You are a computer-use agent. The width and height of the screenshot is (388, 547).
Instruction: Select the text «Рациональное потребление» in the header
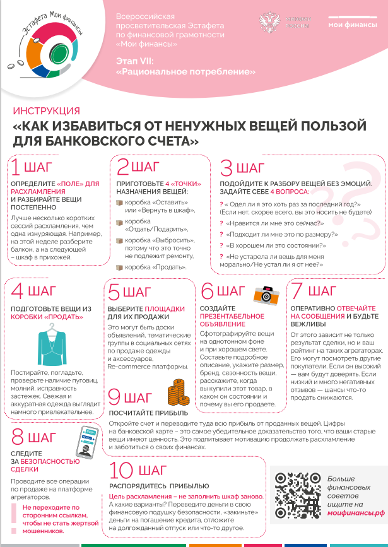pyautogui.click(x=185, y=72)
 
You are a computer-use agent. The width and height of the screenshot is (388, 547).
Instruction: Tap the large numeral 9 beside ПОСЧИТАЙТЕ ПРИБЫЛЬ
pyautogui.click(x=114, y=397)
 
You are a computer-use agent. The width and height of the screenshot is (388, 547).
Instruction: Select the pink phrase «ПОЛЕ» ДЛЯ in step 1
pyautogui.click(x=78, y=183)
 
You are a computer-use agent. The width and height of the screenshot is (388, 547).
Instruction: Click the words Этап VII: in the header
pyautogui.click(x=135, y=61)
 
